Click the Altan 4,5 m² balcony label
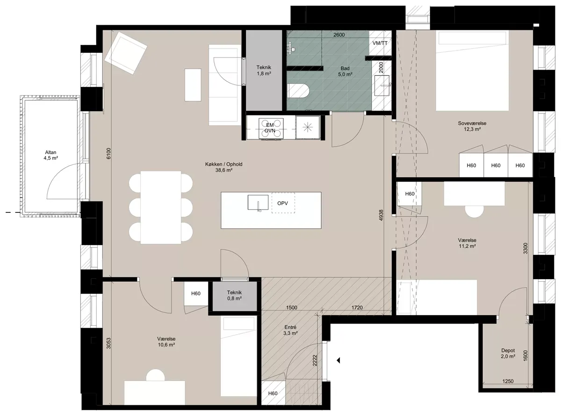50,155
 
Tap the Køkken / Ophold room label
224,167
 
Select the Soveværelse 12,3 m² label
472,126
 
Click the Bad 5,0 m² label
345,71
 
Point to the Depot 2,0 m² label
508,353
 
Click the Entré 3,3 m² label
290,330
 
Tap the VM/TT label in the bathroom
380,43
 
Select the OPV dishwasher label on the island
282,203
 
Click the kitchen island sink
258,202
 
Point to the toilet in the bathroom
298,91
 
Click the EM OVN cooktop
271,128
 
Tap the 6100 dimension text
108,153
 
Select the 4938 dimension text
381,215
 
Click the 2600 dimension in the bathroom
339,35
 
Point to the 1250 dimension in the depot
508,381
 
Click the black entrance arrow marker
338,360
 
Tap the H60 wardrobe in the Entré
273,393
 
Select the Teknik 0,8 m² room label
234,295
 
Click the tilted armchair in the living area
126,55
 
